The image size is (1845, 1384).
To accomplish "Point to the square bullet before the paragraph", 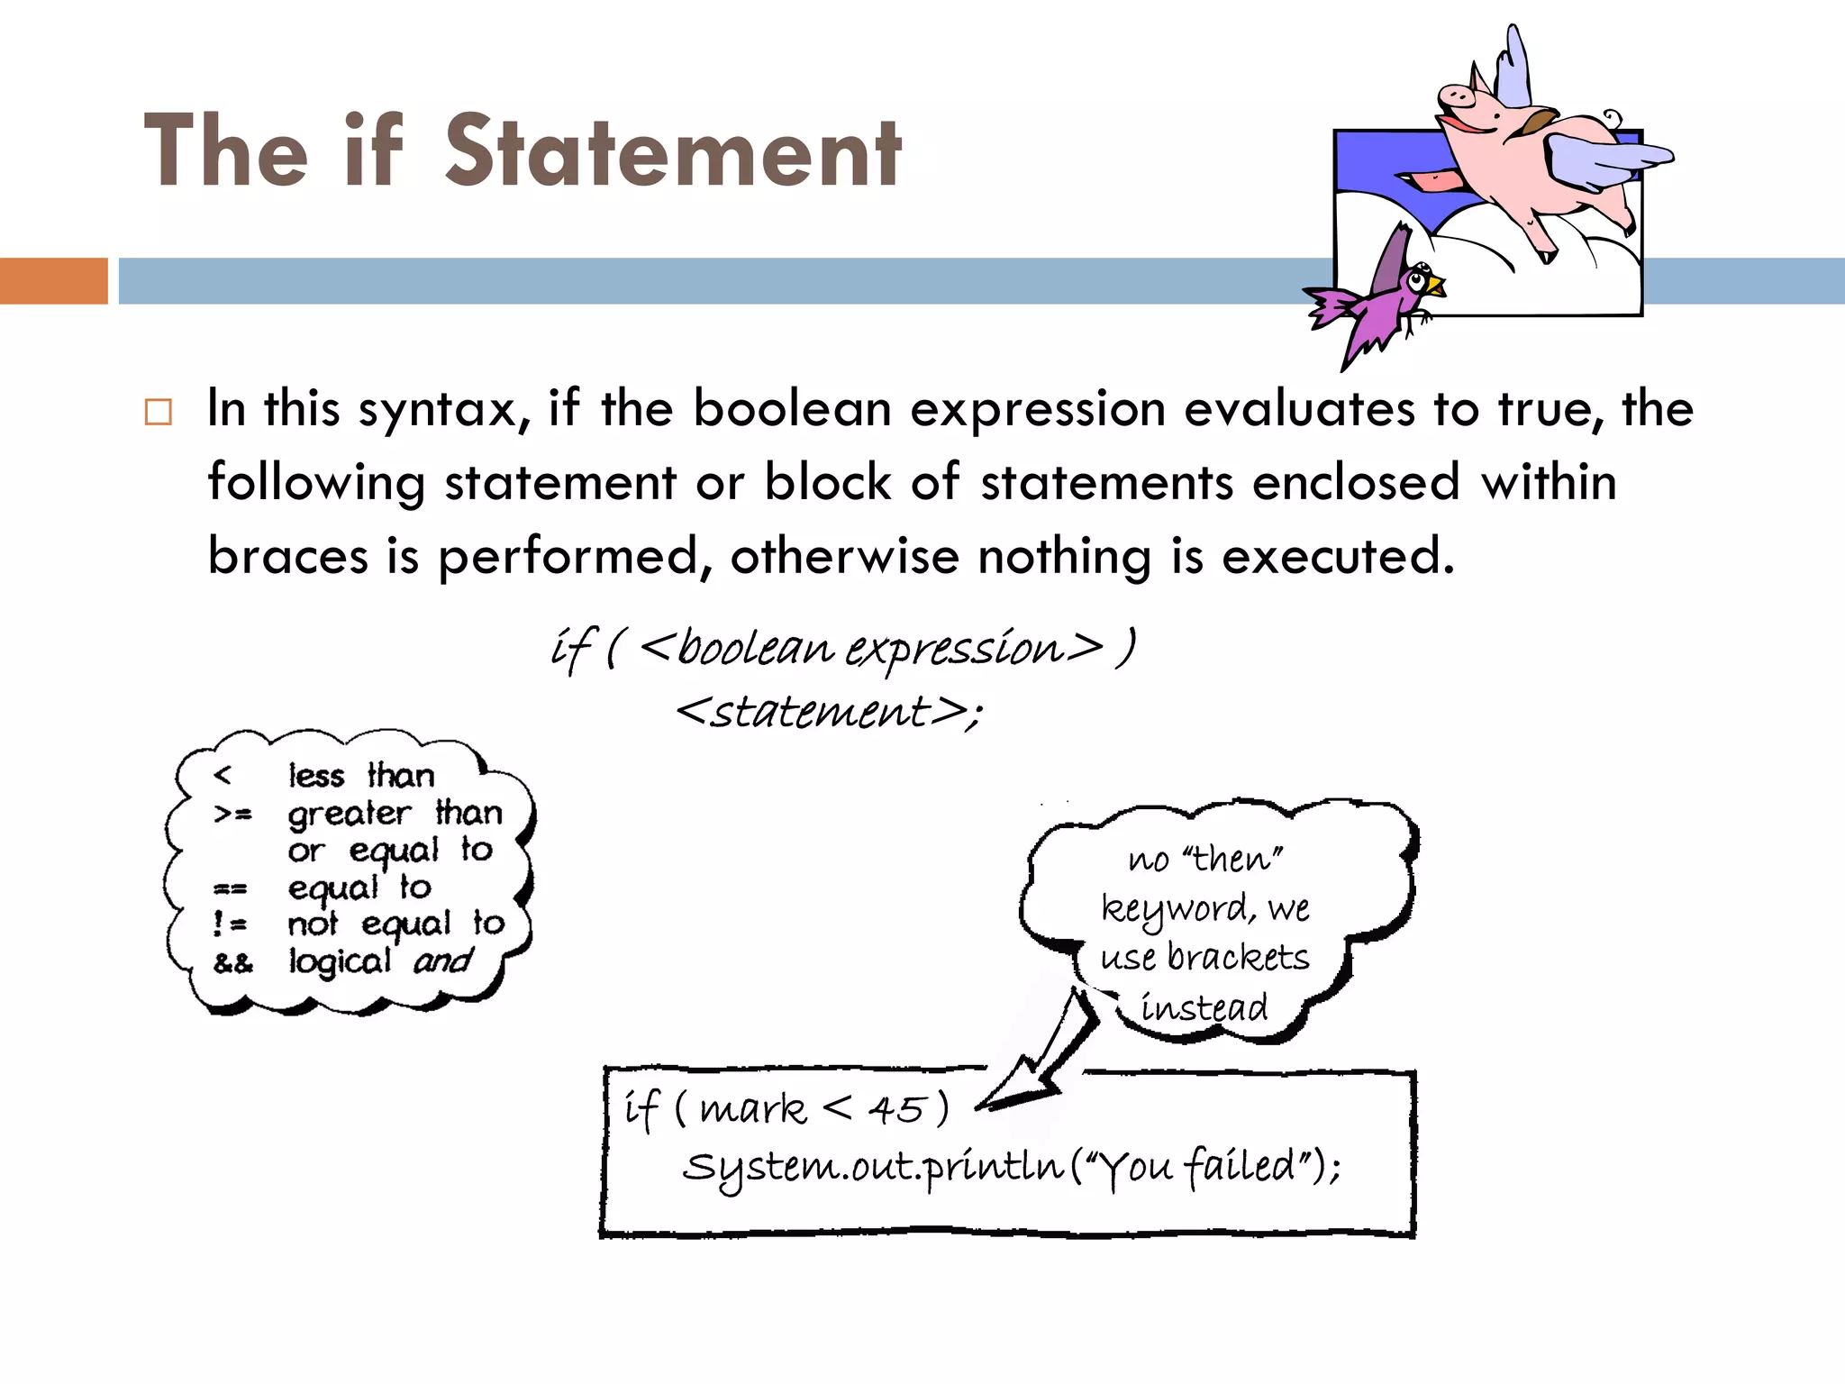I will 158,413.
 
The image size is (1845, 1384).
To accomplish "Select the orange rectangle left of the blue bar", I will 53,280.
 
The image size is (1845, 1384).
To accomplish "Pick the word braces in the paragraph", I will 287,556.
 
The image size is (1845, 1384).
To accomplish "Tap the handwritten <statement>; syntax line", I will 828,712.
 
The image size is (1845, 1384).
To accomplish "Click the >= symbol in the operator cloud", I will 232,814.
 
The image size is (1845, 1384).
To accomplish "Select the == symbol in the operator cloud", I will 230,889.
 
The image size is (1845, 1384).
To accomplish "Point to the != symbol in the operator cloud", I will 230,924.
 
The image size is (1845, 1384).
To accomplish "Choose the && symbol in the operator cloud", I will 233,963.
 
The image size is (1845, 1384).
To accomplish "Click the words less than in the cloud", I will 361,775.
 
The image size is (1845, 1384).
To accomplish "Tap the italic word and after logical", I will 442,961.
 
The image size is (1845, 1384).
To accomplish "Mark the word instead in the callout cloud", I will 1204,1006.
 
